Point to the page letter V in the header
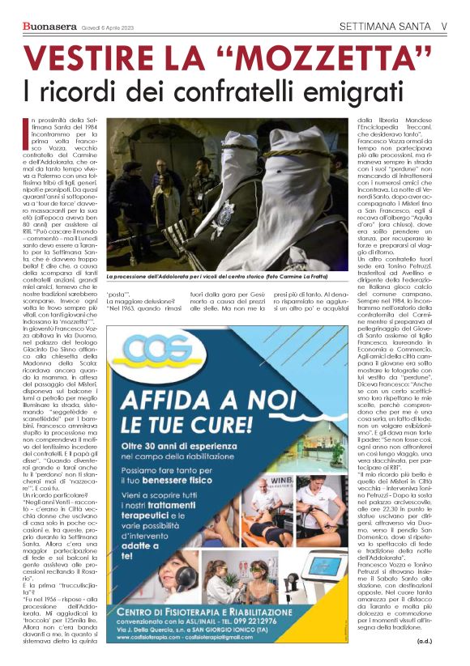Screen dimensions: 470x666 pos(444,25)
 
